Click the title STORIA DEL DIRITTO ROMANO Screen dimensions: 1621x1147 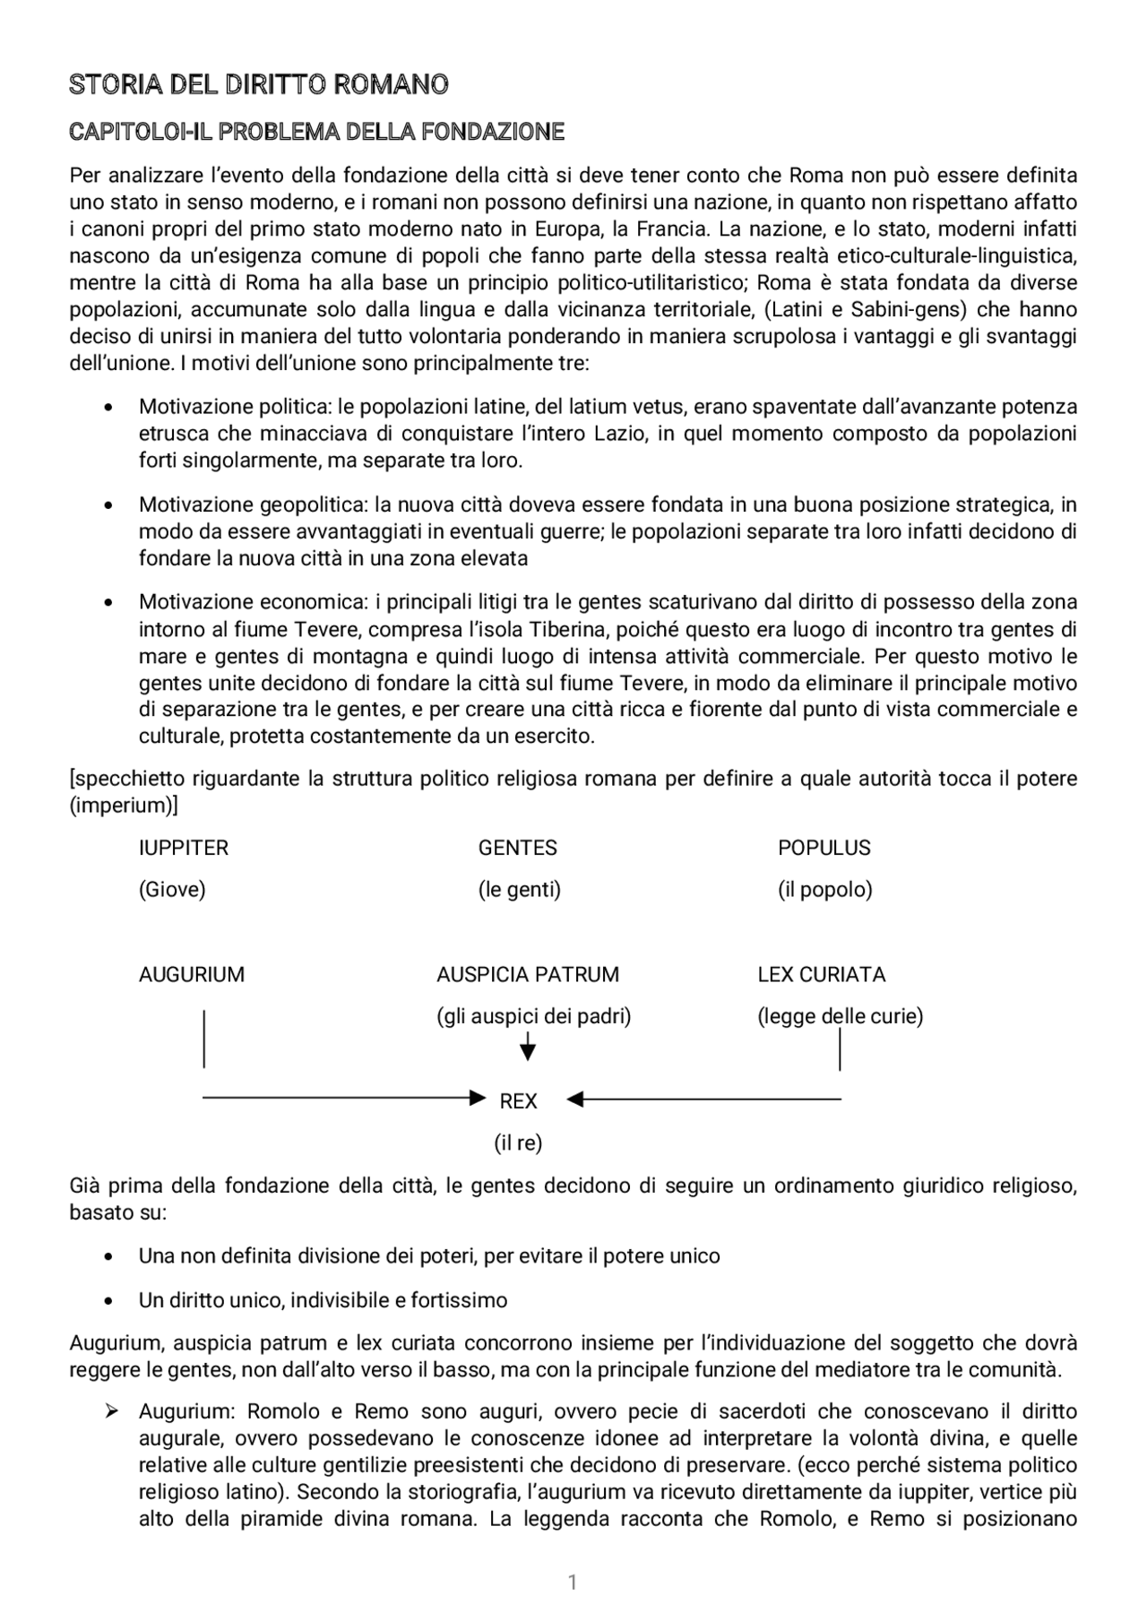coord(259,85)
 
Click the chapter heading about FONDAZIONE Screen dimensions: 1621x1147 coord(316,133)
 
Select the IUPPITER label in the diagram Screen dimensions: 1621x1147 coord(184,848)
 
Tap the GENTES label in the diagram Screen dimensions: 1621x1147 coord(517,848)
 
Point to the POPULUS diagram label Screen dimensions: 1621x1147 coord(824,848)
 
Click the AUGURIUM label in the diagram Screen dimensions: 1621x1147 coord(191,974)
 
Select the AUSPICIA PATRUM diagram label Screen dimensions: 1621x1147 coord(527,974)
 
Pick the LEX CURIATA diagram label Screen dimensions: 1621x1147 coord(821,974)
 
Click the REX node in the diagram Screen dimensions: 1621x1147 coord(518,1101)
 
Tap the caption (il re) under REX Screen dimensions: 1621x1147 coord(518,1143)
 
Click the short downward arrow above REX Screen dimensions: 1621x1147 coord(528,1047)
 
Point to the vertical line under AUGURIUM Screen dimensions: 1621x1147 coord(204,1039)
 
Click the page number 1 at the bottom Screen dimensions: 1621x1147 coord(573,1582)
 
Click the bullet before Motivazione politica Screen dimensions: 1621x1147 coord(108,408)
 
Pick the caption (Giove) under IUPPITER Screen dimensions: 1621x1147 coord(172,890)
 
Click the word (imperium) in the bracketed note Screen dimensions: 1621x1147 coord(123,806)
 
